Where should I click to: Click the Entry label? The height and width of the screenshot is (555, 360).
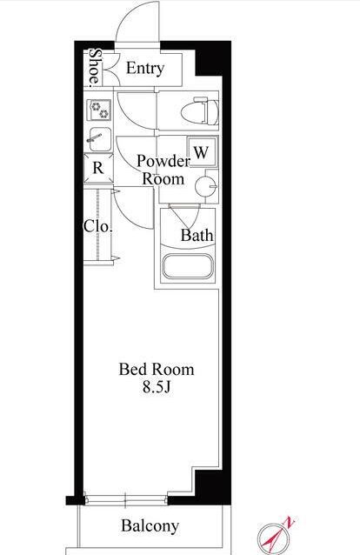click(145, 68)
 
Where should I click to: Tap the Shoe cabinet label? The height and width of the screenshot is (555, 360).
click(95, 68)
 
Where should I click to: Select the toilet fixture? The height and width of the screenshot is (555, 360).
click(199, 110)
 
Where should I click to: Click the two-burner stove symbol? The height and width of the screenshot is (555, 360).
click(99, 110)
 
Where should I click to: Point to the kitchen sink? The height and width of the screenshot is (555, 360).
click(99, 139)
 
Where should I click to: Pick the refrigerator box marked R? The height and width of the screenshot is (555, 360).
click(98, 168)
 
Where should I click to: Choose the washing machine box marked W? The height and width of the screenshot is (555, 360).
click(202, 152)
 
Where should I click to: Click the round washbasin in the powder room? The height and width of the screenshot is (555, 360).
click(206, 186)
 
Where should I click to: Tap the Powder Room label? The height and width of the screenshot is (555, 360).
click(163, 170)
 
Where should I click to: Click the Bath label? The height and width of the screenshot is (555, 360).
click(197, 235)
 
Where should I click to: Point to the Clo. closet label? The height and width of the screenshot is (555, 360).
click(98, 226)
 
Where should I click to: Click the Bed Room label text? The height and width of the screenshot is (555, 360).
click(157, 370)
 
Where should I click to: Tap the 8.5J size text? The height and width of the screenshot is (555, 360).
click(157, 387)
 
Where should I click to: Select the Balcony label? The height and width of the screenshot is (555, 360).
click(150, 526)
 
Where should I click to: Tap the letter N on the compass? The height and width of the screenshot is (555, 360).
click(290, 523)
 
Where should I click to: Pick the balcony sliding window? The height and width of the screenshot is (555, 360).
click(126, 500)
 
